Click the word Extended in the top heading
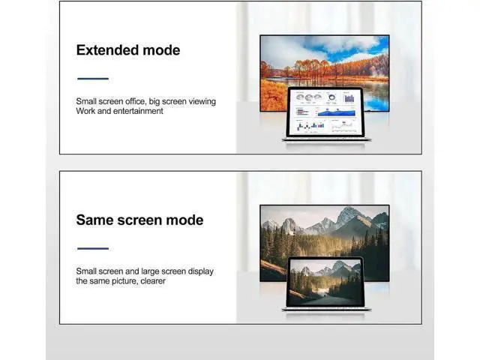coord(107,50)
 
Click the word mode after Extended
coord(161,50)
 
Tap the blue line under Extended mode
coord(93,79)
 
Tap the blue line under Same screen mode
coord(93,248)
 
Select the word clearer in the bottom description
coord(153,281)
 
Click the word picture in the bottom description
coord(125,281)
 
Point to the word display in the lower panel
coord(200,271)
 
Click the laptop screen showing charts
coord(325,112)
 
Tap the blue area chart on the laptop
coord(337,113)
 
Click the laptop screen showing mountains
coord(325,282)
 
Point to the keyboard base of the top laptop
coord(326,139)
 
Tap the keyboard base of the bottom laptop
coord(326,310)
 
